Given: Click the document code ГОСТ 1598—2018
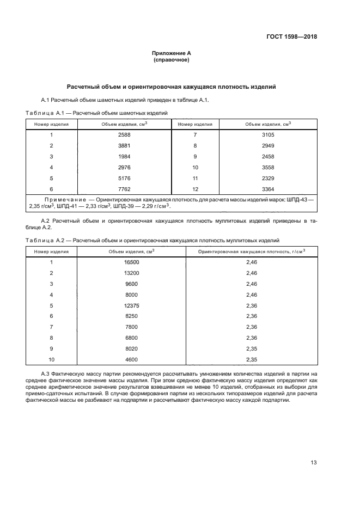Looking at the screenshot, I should click(x=292, y=37).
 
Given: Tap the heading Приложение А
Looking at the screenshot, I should click(x=172, y=53).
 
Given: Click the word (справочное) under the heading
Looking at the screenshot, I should click(x=172, y=60).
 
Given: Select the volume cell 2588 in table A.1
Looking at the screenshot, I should click(x=124, y=134).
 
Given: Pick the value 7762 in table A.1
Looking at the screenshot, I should click(x=124, y=188).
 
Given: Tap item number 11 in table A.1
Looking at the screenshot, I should click(x=195, y=177).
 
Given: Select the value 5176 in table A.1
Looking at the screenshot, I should click(x=124, y=177).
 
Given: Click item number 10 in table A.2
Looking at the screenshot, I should click(x=51, y=359).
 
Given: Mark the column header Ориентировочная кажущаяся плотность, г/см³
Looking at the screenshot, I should click(x=251, y=252).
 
